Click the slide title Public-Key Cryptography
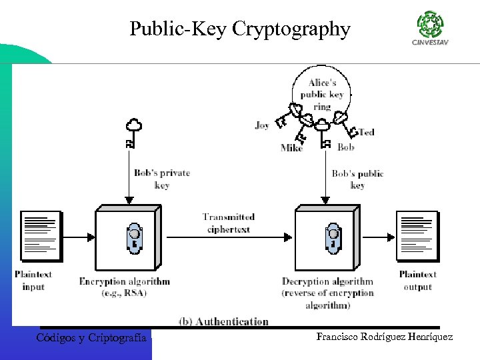click(x=239, y=29)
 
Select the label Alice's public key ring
click(x=321, y=95)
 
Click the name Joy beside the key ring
click(x=262, y=125)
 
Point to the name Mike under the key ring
click(x=291, y=148)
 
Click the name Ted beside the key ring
click(x=367, y=132)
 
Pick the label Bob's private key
click(x=162, y=179)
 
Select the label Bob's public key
click(x=357, y=179)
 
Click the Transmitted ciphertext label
click(x=228, y=223)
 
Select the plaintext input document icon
click(x=41, y=236)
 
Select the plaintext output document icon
click(x=417, y=236)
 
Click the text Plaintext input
click(x=33, y=280)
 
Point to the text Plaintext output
click(x=417, y=280)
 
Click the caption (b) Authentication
click(x=223, y=321)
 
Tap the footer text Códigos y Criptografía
click(x=91, y=338)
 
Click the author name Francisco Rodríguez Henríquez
click(x=385, y=337)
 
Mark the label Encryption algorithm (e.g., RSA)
click(x=124, y=287)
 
